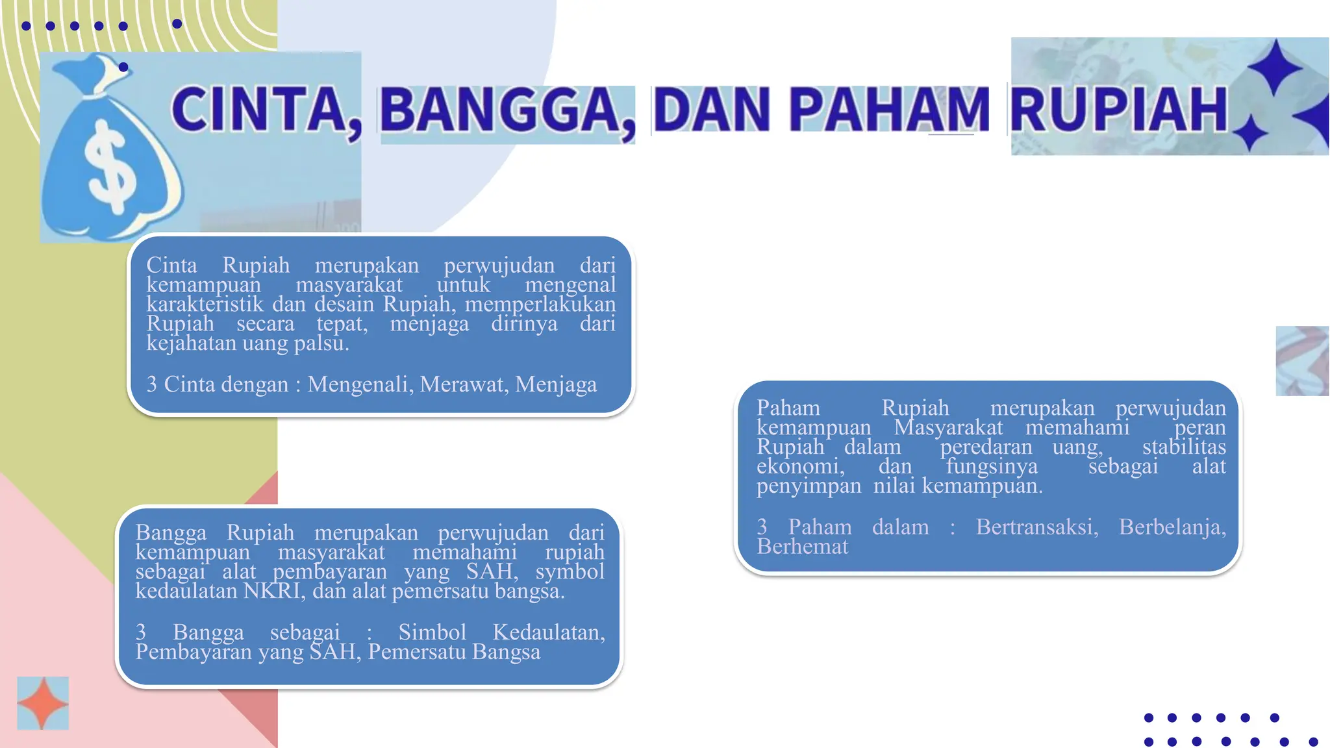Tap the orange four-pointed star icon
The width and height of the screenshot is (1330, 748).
pyautogui.click(x=43, y=704)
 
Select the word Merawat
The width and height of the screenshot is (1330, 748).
pyautogui.click(x=464, y=384)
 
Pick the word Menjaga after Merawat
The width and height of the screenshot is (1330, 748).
pyautogui.click(x=556, y=384)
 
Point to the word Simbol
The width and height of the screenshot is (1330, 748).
pyautogui.click(x=432, y=632)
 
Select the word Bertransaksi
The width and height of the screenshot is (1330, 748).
pyautogui.click(x=1036, y=527)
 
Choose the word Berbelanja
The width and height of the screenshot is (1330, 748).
pyautogui.click(x=1172, y=527)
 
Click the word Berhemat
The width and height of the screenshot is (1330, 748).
pyautogui.click(x=802, y=547)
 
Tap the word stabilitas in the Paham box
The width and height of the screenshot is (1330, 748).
pyautogui.click(x=1184, y=447)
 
